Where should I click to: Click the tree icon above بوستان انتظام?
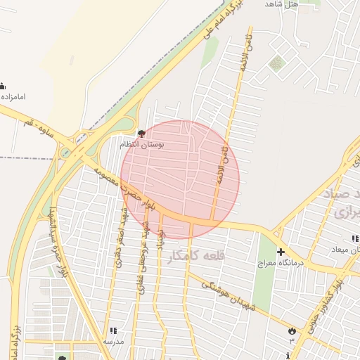(141, 134)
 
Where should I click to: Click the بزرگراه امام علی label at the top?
(223, 20)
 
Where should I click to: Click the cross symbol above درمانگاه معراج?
(281, 252)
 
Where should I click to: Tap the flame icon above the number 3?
(292, 330)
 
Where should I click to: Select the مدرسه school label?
(112, 341)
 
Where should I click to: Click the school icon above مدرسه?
(112, 330)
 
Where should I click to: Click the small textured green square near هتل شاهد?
(276, 63)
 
